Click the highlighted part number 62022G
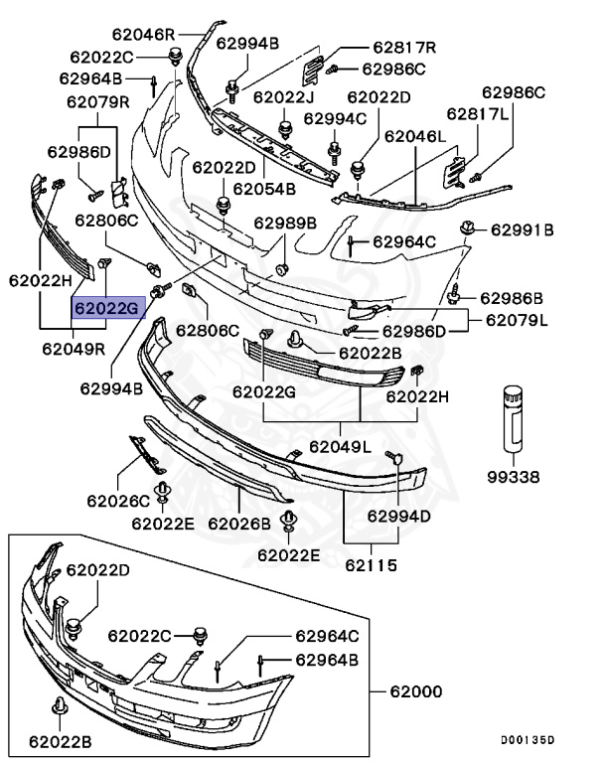[106, 308]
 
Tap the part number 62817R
[404, 47]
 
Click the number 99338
[512, 477]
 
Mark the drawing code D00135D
[528, 739]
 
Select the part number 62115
[371, 566]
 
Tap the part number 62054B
[264, 189]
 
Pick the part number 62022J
[283, 97]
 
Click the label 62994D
[398, 516]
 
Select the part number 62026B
[239, 523]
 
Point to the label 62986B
[512, 297]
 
